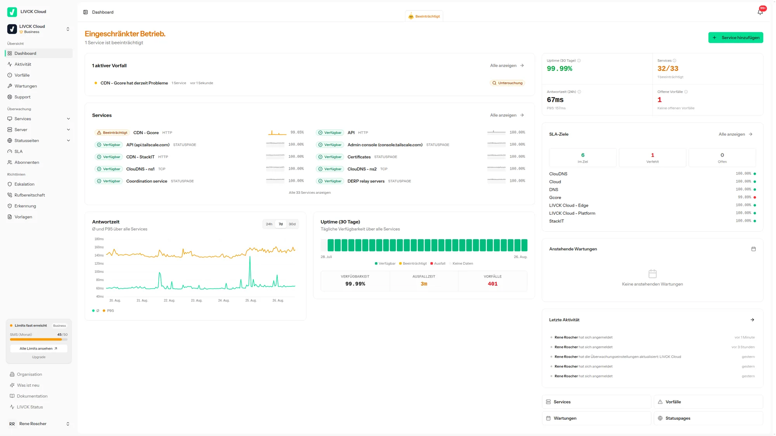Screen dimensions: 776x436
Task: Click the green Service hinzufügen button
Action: (736, 38)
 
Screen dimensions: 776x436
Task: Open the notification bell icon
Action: (760, 12)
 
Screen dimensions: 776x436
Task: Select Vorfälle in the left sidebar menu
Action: (22, 75)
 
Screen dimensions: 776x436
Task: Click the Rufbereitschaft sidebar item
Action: (29, 195)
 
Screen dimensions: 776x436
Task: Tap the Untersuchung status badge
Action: (507, 83)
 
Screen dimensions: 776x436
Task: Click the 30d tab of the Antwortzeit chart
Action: (292, 224)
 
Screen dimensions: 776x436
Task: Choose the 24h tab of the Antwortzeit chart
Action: (269, 224)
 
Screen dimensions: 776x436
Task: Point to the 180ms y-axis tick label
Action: (99, 239)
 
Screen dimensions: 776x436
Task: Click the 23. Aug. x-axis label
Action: (196, 300)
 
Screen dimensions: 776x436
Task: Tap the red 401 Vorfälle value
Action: (493, 284)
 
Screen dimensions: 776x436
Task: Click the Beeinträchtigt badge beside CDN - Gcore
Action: (112, 133)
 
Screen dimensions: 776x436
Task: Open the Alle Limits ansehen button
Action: (38, 348)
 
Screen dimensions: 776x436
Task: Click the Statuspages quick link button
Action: (708, 418)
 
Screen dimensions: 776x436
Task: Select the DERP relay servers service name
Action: (366, 181)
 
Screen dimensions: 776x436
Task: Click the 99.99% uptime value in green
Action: (559, 69)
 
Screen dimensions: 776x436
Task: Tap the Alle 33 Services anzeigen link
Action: (310, 193)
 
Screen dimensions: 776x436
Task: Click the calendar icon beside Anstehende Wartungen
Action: (753, 249)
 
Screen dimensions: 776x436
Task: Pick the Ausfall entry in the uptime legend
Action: (438, 264)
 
